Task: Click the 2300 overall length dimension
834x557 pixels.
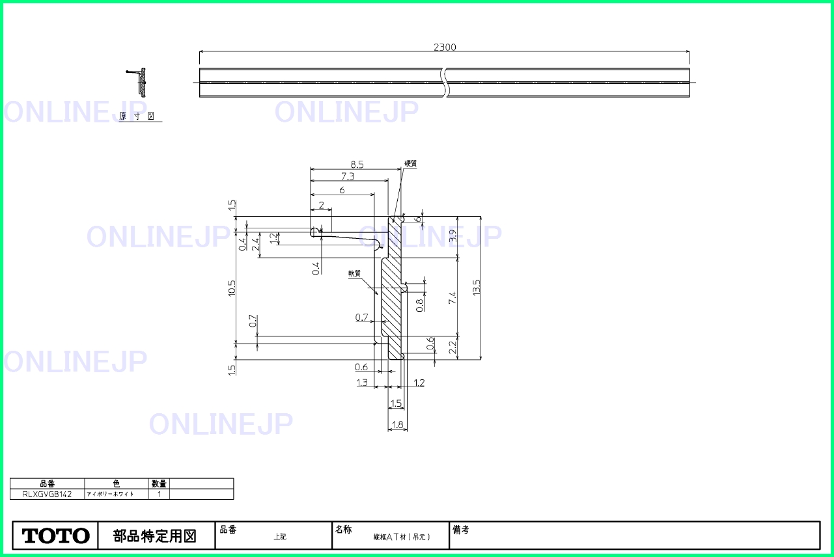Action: [445, 47]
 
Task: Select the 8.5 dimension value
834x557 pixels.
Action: [356, 165]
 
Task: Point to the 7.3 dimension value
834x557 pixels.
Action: [347, 176]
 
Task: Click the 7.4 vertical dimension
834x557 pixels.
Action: [452, 298]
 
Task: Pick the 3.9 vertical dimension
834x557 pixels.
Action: [452, 238]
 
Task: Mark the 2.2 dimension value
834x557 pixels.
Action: [452, 348]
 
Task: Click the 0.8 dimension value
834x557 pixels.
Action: [420, 302]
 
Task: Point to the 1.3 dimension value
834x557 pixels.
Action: [362, 383]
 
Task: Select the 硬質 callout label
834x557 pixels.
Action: [410, 164]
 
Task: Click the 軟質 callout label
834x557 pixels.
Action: [354, 274]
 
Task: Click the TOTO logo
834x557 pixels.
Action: [56, 536]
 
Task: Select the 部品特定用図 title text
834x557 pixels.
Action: [155, 536]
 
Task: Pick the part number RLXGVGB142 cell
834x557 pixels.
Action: [47, 494]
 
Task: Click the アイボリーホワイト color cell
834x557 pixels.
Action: [111, 494]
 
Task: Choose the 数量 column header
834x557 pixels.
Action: [159, 483]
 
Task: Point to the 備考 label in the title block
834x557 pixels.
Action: [461, 530]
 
